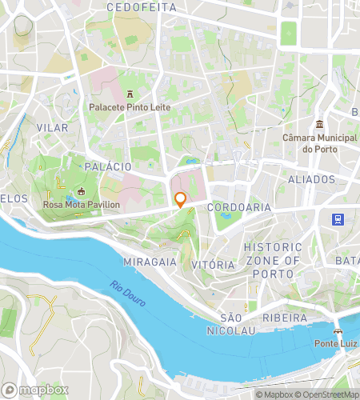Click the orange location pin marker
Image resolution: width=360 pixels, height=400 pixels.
point(181,199)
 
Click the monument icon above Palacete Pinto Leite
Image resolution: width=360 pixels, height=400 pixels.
point(129,93)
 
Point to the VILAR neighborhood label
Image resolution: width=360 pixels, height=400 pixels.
point(52,128)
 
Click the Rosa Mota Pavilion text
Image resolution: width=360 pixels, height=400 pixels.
point(81,205)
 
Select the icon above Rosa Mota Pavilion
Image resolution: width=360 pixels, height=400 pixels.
point(81,192)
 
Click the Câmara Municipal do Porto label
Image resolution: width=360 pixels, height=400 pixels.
point(320,143)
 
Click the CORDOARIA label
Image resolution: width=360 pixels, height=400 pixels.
point(239,207)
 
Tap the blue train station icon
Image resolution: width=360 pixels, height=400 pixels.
point(339,218)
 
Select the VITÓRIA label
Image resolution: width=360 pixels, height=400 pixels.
point(214,264)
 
